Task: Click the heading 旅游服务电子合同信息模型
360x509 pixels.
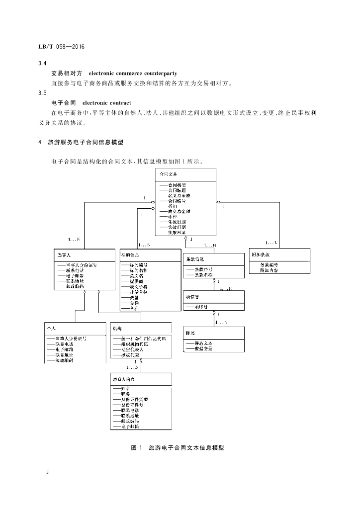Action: (x=85, y=142)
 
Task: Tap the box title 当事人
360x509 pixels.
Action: (x=63, y=254)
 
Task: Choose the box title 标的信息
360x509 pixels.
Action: (x=130, y=254)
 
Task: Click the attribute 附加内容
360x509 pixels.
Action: (x=269, y=270)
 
